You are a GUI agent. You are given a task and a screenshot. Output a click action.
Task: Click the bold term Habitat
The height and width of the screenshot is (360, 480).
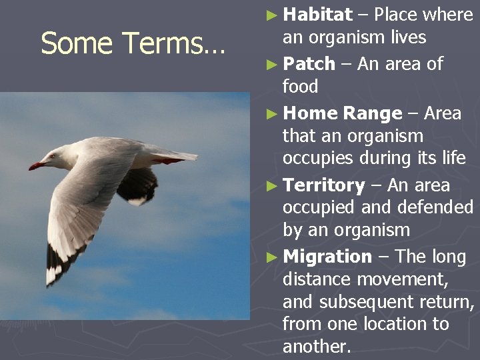pos(317,15)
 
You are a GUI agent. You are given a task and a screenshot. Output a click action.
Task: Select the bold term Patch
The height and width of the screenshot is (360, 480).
pos(309,64)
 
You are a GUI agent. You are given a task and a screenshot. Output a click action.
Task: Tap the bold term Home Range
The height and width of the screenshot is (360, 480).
pos(342,113)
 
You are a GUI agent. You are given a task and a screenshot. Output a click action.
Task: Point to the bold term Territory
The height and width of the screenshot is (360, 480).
pos(323,185)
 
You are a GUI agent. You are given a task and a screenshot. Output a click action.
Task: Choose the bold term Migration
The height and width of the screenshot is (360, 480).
pos(327,257)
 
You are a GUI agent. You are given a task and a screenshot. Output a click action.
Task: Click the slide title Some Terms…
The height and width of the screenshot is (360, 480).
pos(133,44)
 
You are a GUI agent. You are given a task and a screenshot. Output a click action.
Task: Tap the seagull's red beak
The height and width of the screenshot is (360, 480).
pos(36,165)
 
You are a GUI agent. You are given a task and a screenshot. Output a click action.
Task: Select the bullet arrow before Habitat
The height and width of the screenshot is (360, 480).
pos(269,15)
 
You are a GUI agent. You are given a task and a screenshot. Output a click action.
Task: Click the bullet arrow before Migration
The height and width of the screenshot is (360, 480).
pos(269,257)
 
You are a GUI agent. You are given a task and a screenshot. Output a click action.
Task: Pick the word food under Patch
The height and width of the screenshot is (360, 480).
pos(301,87)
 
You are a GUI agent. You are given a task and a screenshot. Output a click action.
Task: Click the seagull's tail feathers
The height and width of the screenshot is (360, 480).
pos(177,156)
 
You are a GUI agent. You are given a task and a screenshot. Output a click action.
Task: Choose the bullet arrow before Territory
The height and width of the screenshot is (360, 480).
pos(269,186)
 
